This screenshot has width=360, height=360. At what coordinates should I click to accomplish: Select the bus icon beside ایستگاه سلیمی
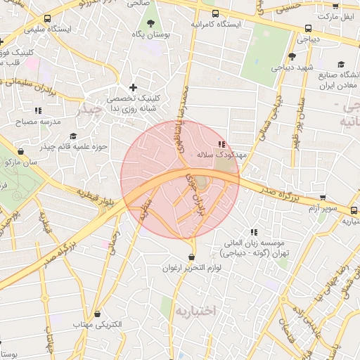click(47, 19)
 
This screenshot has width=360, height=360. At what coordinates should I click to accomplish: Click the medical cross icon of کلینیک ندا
click(133, 87)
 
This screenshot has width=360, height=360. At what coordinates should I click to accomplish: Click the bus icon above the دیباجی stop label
click(308, 29)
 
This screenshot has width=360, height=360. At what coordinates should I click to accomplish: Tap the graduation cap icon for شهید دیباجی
click(292, 56)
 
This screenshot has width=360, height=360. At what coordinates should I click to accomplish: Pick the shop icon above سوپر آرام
click(323, 198)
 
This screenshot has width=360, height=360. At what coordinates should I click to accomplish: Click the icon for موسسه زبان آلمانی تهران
click(254, 232)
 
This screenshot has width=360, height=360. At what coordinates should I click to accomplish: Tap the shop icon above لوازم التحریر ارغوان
click(192, 257)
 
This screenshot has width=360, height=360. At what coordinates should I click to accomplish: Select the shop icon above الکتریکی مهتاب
click(98, 314)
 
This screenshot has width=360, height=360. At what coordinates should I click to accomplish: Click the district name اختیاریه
click(196, 310)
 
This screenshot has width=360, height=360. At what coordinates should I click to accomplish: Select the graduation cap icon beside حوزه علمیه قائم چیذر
click(72, 136)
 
